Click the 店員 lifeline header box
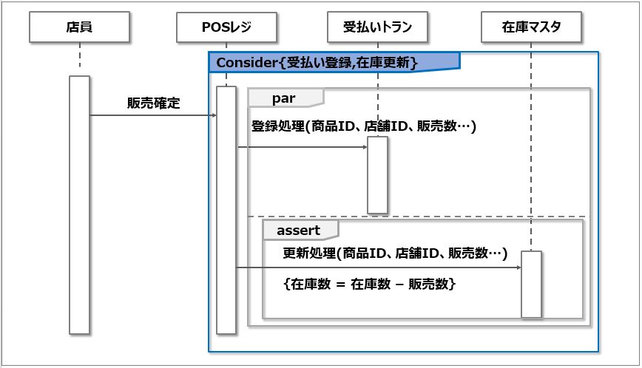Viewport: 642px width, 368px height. (x=79, y=28)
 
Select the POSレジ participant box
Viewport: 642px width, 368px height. (x=226, y=28)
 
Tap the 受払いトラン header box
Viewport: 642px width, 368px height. (x=377, y=28)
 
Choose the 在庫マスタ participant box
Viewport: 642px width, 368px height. (x=531, y=28)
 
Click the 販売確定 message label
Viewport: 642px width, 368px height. (x=153, y=103)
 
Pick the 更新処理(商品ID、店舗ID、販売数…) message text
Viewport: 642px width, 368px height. (x=394, y=253)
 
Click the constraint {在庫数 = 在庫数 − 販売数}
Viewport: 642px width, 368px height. (x=369, y=284)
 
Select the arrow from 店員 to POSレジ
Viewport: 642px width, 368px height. (x=153, y=115)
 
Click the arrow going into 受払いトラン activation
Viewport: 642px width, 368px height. (x=303, y=147)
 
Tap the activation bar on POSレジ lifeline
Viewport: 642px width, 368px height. (x=226, y=211)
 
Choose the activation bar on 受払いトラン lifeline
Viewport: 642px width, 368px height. (x=377, y=175)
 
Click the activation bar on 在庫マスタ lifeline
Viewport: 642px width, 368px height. (x=531, y=284)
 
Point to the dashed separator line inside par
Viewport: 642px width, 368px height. (x=418, y=217)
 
